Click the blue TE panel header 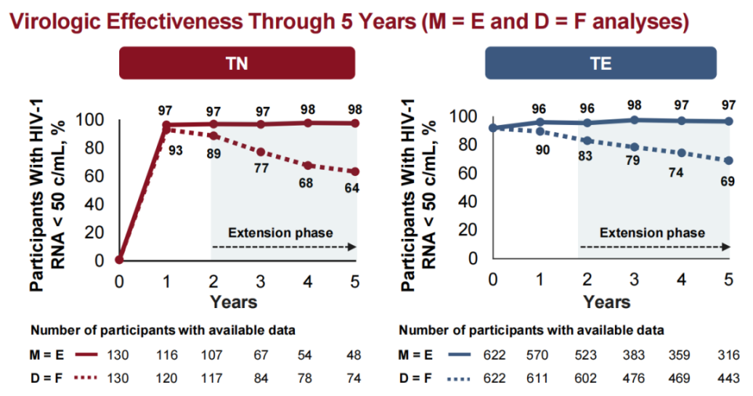click(x=601, y=64)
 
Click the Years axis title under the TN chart click(x=233, y=301)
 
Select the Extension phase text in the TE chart click(x=653, y=233)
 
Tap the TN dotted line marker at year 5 click(x=355, y=171)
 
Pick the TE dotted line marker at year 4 click(x=682, y=153)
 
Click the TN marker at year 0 click(x=119, y=259)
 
